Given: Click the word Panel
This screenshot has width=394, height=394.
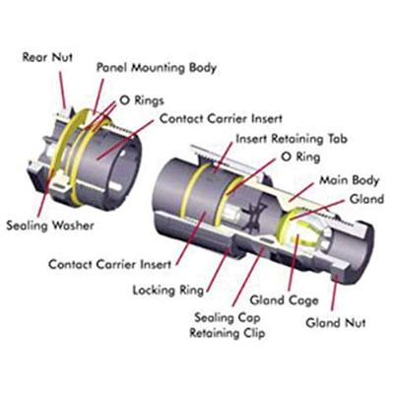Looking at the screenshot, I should (x=114, y=68).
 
